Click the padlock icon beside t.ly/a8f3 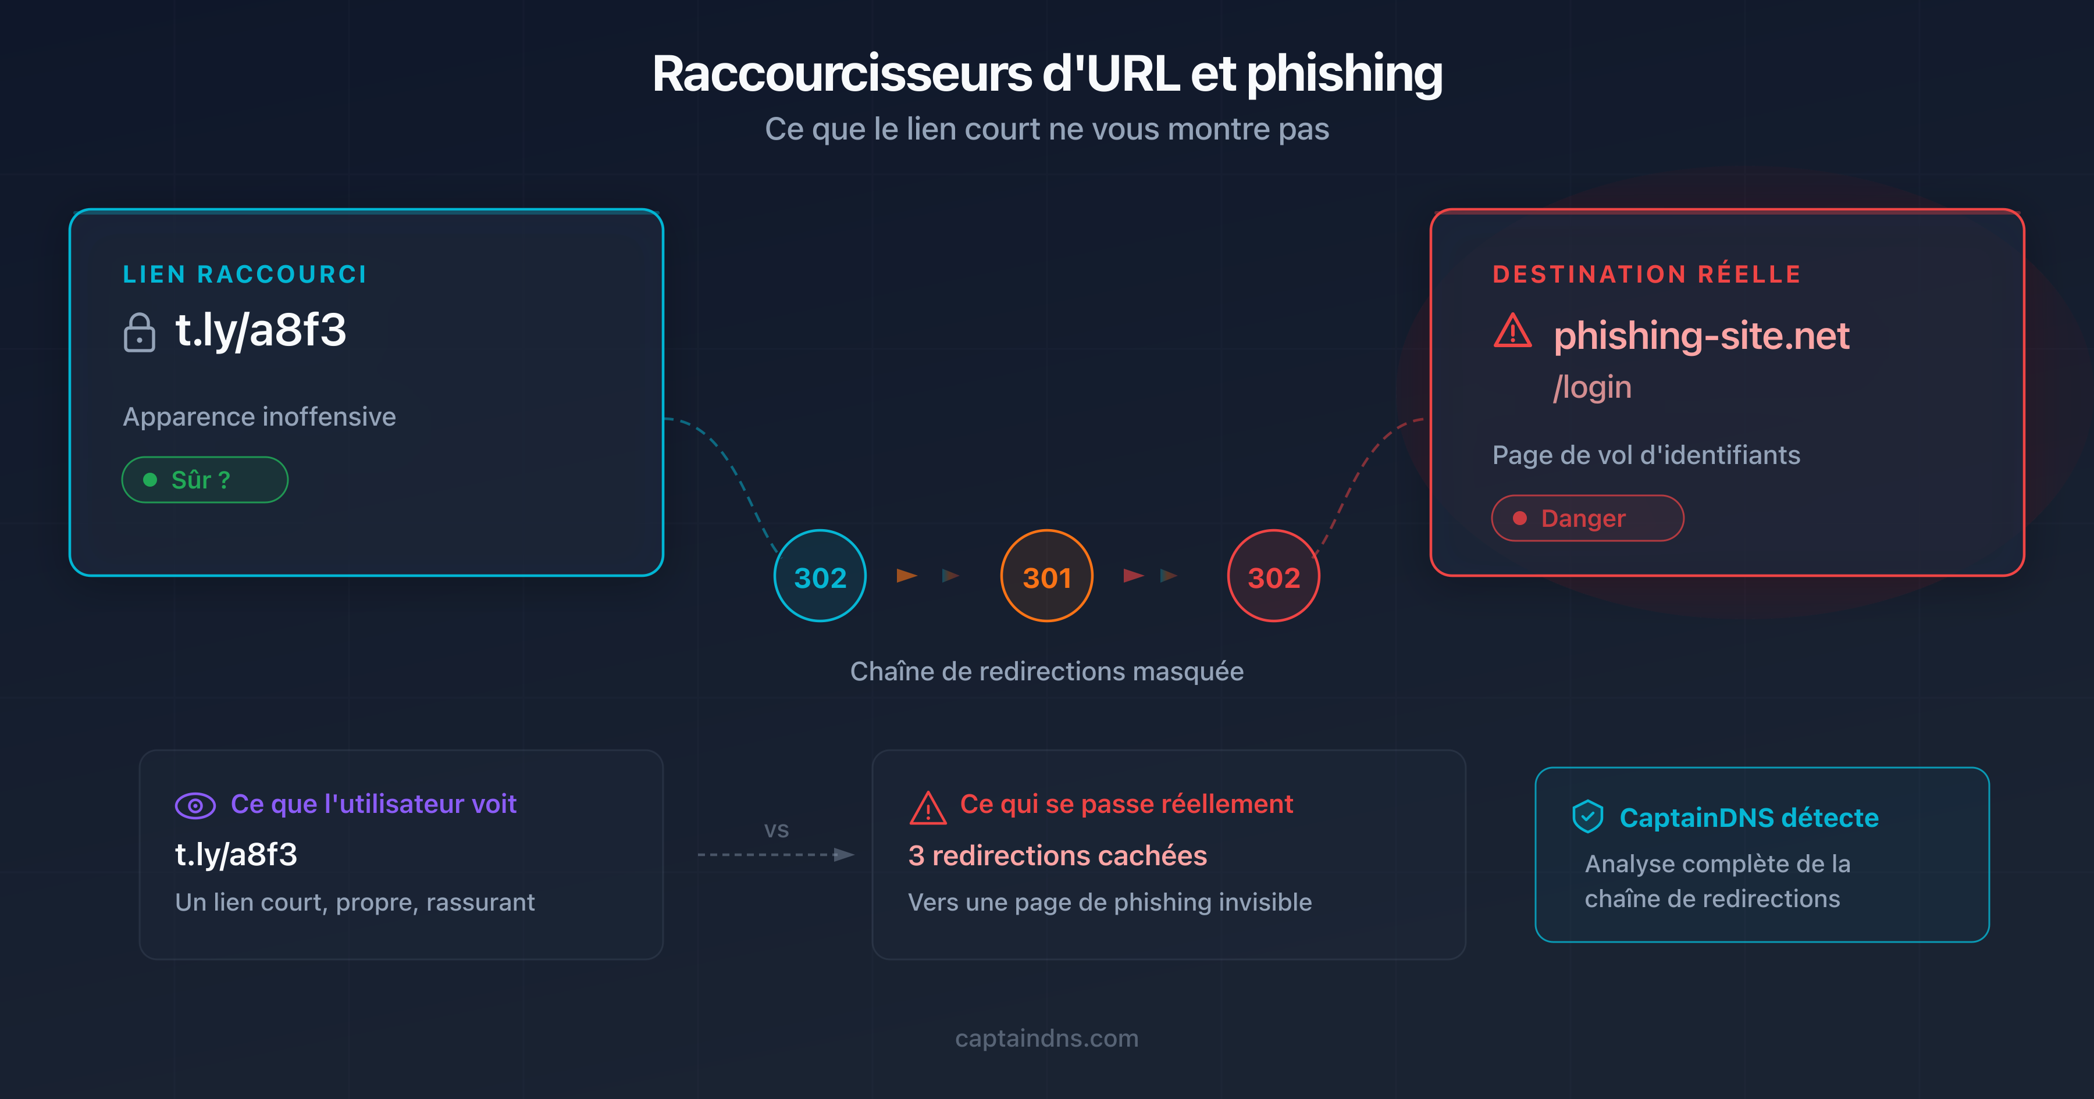[x=139, y=333]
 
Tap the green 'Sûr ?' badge [x=204, y=480]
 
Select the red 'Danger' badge [x=1586, y=518]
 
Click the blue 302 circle [x=820, y=576]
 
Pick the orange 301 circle [x=1046, y=576]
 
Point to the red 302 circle [x=1273, y=576]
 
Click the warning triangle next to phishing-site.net [x=1512, y=331]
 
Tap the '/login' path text [x=1591, y=387]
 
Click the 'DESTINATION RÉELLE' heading [x=1646, y=274]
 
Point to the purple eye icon [x=195, y=805]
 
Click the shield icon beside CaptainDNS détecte [x=1587, y=817]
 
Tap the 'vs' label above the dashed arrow [x=777, y=830]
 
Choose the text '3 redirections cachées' [x=1057, y=855]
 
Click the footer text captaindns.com [x=1046, y=1038]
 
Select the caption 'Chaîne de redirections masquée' [x=1046, y=672]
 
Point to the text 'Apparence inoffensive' [x=259, y=417]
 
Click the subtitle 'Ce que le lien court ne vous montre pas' [x=1046, y=129]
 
